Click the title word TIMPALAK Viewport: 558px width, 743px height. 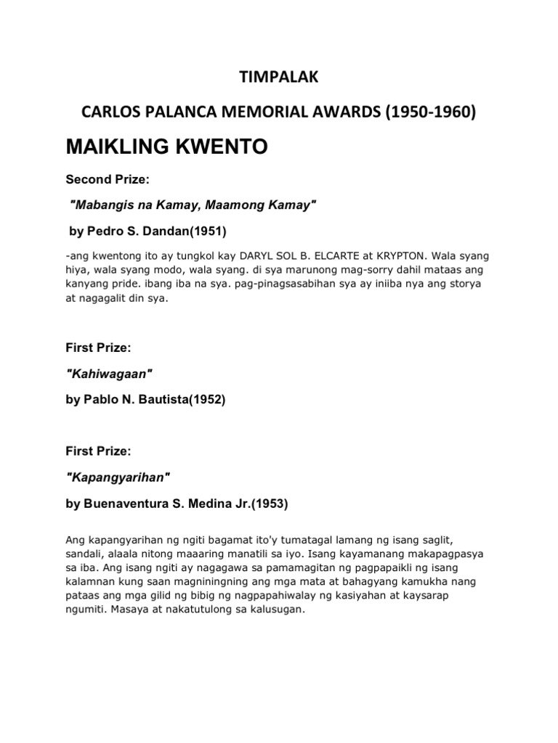tap(278, 78)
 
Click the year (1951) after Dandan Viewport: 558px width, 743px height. tap(209, 232)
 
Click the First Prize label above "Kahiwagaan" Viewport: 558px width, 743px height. tap(98, 348)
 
